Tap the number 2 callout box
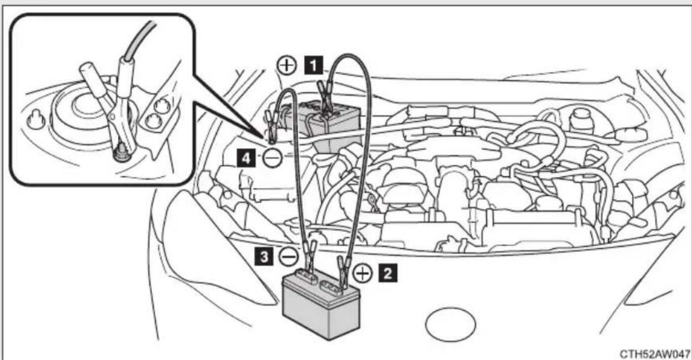[x=388, y=273]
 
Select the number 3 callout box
[x=264, y=256]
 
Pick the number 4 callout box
[x=246, y=157]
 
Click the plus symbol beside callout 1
[x=287, y=66]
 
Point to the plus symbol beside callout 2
[x=363, y=274]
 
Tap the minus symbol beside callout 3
[x=288, y=256]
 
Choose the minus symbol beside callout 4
[x=272, y=157]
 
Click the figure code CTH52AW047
[x=654, y=354]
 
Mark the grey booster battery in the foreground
[x=320, y=304]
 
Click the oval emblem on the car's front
[x=451, y=324]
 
